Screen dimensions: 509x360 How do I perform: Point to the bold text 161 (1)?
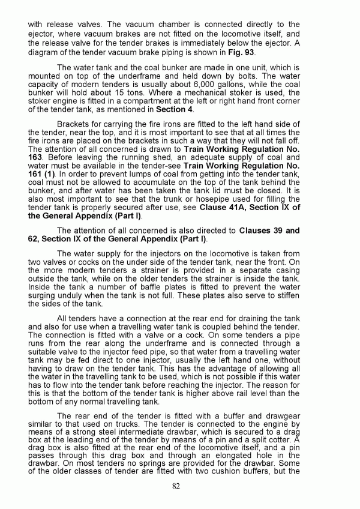coord(43,173)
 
